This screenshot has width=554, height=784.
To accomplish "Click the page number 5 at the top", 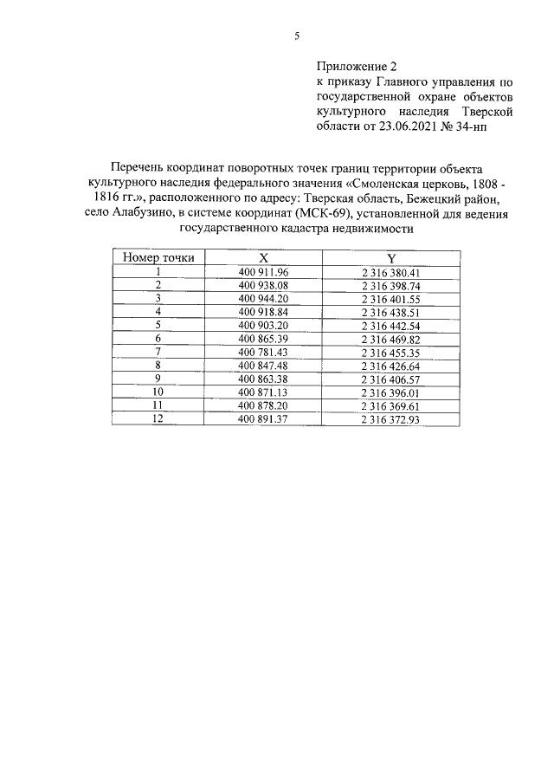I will click(x=296, y=36).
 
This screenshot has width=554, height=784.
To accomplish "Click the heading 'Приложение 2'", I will click(x=356, y=65).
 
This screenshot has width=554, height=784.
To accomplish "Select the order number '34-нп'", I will click(x=500, y=126).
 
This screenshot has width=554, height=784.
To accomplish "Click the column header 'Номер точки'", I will click(x=158, y=257).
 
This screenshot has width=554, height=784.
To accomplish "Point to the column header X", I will click(x=263, y=257).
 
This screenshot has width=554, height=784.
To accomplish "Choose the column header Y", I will click(x=390, y=257).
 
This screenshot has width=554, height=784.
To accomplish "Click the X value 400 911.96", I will click(x=262, y=272).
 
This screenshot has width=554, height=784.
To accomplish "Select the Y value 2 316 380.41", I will click(x=390, y=272).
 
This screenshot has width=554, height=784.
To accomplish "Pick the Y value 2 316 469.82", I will click(x=390, y=339).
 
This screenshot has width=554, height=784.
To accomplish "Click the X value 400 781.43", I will click(x=262, y=353).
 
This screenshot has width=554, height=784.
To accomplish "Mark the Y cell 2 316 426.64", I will click(x=390, y=366).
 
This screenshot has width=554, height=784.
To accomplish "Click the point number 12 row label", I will click(x=158, y=419).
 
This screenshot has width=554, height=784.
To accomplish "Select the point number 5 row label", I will click(x=158, y=325).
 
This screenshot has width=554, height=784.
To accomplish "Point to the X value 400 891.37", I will click(x=262, y=419).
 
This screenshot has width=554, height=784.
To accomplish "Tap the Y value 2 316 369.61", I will click(x=390, y=405).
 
